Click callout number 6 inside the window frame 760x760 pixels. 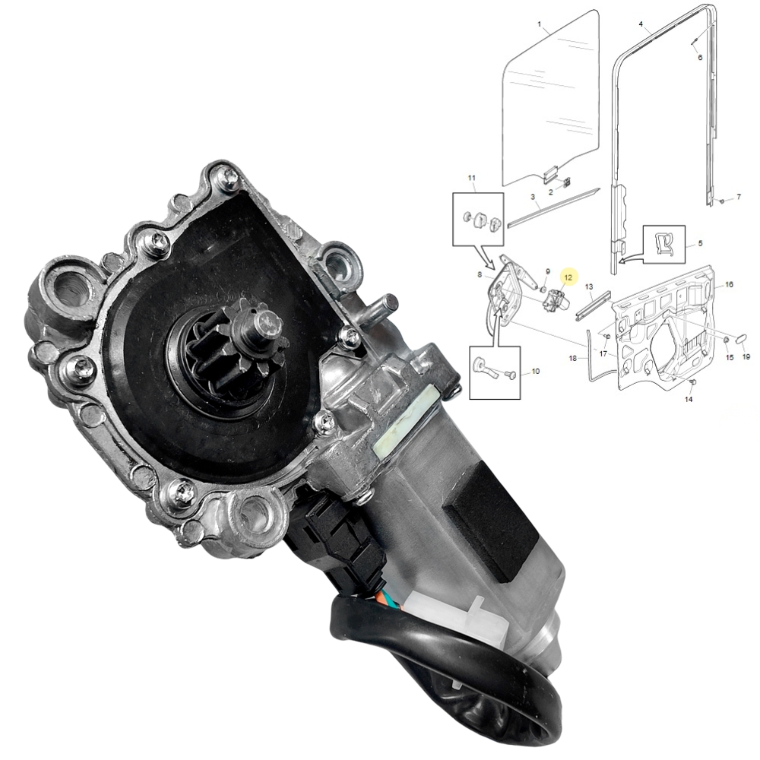700,58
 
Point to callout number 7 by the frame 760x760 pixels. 738,197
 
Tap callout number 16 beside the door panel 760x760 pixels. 729,285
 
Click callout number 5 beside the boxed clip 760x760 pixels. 700,245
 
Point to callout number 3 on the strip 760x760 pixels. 534,197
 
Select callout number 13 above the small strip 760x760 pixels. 588,286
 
